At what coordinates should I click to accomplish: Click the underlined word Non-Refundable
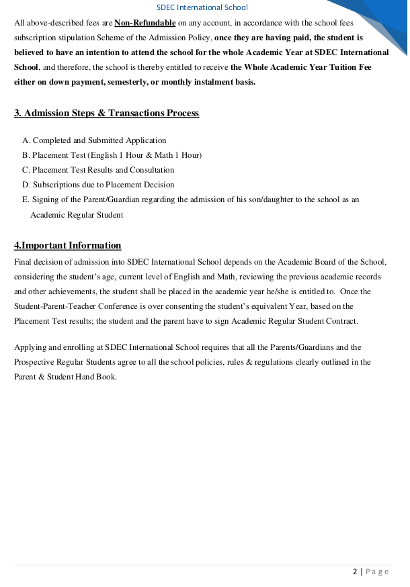point(145,23)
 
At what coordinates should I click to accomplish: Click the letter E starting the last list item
point(25,199)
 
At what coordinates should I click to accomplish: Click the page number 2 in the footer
point(355,572)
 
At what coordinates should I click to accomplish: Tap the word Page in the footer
point(377,572)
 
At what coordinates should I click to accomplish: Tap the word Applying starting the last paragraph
point(30,347)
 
